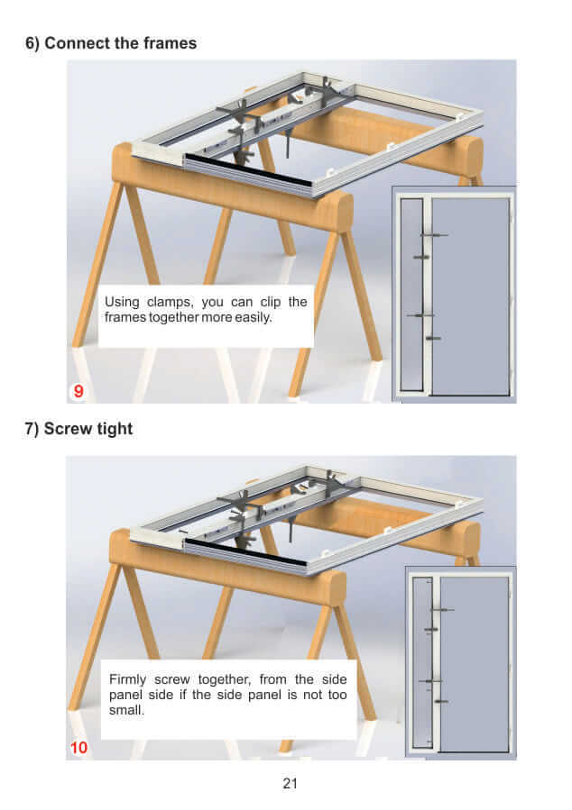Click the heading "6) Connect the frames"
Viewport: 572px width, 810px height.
111,43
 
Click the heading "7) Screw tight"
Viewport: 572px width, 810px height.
78,429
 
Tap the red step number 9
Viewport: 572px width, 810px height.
78,391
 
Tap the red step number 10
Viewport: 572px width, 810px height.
78,748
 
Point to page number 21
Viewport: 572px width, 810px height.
291,784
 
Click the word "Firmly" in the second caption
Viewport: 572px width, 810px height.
127,679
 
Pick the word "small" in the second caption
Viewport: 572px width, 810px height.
126,710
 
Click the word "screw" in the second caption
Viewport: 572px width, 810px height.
172,679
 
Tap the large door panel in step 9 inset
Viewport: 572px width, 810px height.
470,296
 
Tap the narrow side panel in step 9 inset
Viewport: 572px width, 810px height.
412,295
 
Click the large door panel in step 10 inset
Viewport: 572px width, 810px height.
475,664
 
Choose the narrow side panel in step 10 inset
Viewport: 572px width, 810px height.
422,663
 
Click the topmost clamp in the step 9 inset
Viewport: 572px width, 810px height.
434,235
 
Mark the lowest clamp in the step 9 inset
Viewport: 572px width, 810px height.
433,339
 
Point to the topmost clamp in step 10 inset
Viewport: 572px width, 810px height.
443,610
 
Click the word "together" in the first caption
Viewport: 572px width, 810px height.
174,317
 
